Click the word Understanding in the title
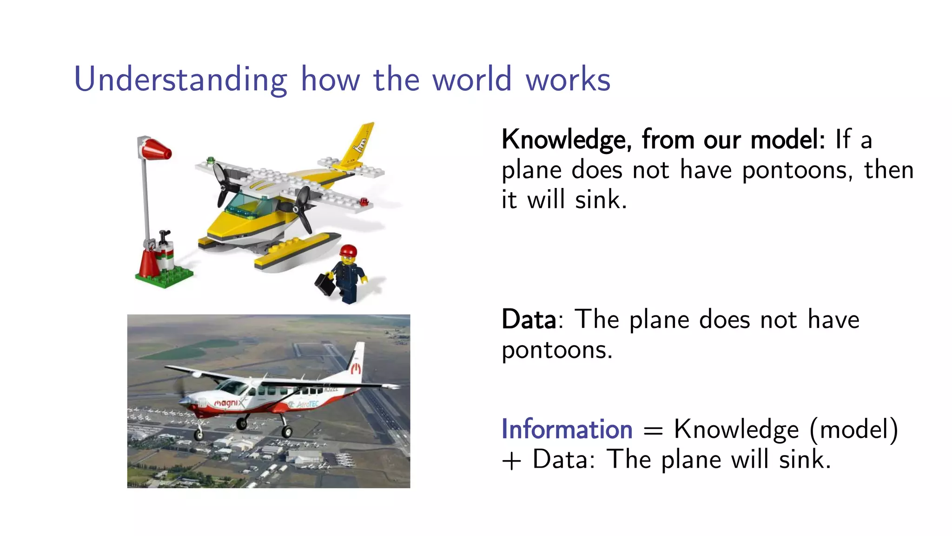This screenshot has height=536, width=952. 180,80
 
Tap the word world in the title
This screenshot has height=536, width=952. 472,80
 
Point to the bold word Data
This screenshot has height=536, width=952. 529,320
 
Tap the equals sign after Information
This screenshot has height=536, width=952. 653,431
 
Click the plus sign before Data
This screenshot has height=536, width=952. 511,461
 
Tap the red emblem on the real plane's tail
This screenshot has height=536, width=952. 356,369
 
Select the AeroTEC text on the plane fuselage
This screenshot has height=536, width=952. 307,404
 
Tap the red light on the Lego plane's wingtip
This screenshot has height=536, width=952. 364,201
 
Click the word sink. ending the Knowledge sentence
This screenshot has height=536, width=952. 601,200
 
